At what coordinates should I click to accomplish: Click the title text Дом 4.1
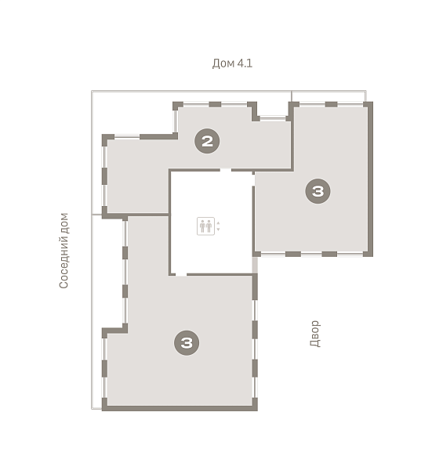pyautogui.click(x=232, y=63)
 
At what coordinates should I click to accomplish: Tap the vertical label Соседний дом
pyautogui.click(x=64, y=251)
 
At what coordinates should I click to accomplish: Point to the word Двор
pyautogui.click(x=315, y=334)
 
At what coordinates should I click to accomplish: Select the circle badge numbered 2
pyautogui.click(x=207, y=141)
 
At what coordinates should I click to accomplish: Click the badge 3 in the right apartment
pyautogui.click(x=318, y=191)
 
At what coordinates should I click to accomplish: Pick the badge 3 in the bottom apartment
pyautogui.click(x=187, y=342)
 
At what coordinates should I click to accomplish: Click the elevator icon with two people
pyautogui.click(x=205, y=226)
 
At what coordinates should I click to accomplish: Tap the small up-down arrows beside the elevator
pyautogui.click(x=218, y=226)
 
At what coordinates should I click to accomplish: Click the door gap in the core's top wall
pyautogui.click(x=226, y=170)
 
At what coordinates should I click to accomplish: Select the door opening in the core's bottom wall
pyautogui.click(x=181, y=274)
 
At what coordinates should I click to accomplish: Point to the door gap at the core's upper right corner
pyautogui.click(x=253, y=180)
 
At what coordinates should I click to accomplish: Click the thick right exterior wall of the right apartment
pyautogui.click(x=370, y=179)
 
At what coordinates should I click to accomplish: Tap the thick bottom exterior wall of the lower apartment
pyautogui.click(x=180, y=408)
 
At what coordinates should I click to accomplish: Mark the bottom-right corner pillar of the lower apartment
pyautogui.click(x=255, y=404)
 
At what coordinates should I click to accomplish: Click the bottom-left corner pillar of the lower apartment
pyautogui.click(x=105, y=404)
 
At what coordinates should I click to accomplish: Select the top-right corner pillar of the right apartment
pyautogui.click(x=368, y=105)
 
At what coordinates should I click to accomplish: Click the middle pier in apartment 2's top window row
pyautogui.click(x=215, y=104)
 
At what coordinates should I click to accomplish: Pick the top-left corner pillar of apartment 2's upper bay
pyautogui.click(x=178, y=106)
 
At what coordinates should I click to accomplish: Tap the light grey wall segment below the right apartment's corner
pyautogui.click(x=255, y=265)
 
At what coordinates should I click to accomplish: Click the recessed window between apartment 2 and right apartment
pyautogui.click(x=273, y=119)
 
